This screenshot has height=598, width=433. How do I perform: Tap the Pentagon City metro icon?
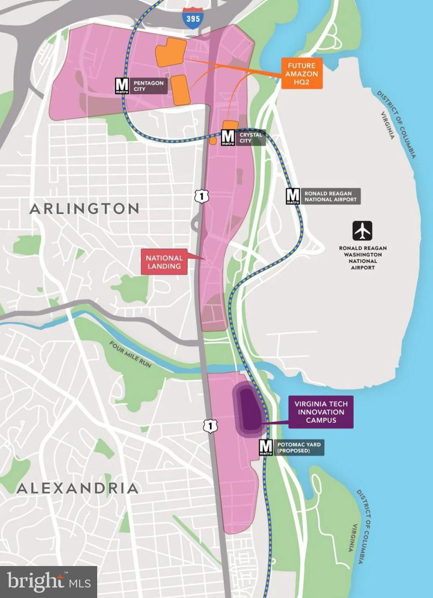(122, 86)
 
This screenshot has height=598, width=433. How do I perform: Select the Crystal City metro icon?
(228, 138)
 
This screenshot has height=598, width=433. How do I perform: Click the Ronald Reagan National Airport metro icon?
(293, 196)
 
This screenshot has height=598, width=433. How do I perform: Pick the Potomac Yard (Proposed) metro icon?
(266, 447)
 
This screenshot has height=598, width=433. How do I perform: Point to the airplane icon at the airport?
(363, 231)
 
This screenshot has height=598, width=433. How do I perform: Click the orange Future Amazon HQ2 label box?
(302, 73)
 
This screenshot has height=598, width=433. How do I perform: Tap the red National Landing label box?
(164, 262)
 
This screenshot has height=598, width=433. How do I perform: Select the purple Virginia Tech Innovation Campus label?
(321, 412)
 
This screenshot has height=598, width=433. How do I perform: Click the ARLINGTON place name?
(84, 209)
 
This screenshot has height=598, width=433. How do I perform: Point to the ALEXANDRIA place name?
(77, 488)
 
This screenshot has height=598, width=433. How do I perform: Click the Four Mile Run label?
(130, 354)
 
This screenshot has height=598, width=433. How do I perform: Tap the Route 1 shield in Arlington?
(201, 196)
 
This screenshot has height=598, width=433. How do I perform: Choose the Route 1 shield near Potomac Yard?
(210, 425)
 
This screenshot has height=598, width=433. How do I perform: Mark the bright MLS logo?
(49, 582)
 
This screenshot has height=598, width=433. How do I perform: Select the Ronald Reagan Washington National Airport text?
(363, 258)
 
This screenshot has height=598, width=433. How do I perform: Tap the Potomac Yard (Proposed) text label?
(299, 447)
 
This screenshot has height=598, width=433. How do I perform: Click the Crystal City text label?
(250, 138)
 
